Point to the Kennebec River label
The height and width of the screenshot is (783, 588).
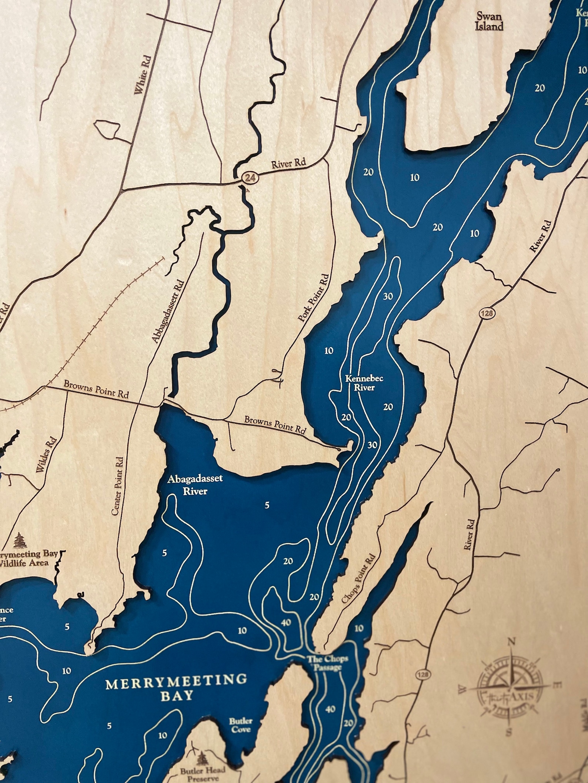click(359, 383)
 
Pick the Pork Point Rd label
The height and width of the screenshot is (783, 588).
click(313, 298)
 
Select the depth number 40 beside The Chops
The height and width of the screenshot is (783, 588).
click(286, 622)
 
